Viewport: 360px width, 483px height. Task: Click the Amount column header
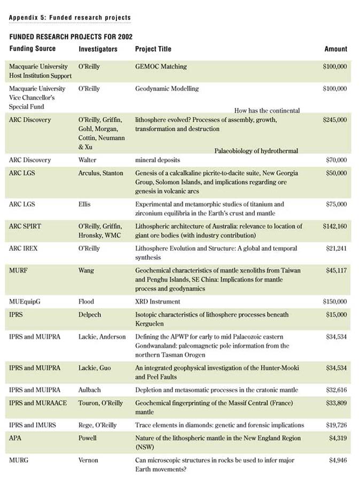[335, 49]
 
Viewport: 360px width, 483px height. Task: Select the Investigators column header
[98, 49]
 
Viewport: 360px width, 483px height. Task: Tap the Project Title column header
[153, 49]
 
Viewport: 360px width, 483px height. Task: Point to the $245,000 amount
[335, 120]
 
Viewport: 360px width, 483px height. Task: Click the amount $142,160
[335, 227]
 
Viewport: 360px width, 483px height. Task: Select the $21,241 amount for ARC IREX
[336, 249]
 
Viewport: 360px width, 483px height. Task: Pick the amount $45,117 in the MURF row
[336, 271]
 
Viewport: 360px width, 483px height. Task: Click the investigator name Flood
[86, 302]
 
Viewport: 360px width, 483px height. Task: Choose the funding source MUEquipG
[25, 302]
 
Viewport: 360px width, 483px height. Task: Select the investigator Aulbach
[89, 390]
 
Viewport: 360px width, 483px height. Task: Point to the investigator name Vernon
[88, 460]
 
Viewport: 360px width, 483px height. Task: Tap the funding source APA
[16, 438]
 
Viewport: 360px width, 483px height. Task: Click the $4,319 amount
[338, 438]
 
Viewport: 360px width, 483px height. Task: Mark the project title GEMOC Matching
[161, 67]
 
